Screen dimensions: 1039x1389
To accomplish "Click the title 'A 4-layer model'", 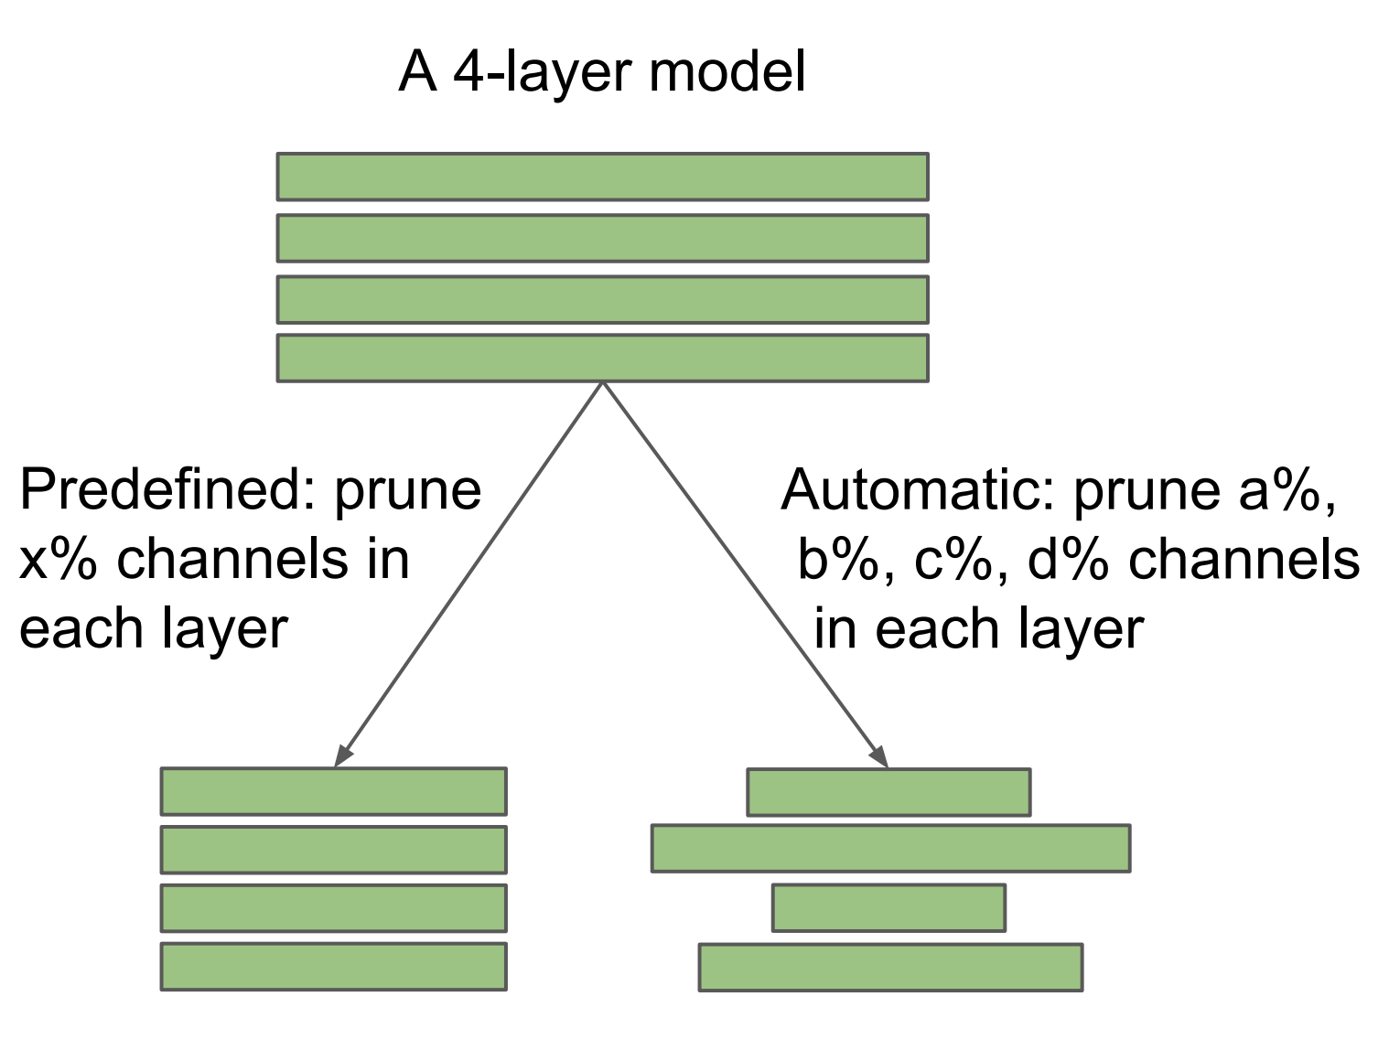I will click(x=602, y=71).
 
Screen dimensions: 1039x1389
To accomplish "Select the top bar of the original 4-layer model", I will click(x=602, y=177).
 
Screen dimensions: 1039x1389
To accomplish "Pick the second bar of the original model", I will click(x=602, y=238).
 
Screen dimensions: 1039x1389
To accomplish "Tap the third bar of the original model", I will click(x=602, y=299).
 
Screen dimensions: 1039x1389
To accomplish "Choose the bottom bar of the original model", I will click(x=602, y=358).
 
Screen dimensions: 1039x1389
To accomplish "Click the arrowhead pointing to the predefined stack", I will click(x=342, y=755).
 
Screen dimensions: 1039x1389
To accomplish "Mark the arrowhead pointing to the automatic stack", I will click(x=879, y=757).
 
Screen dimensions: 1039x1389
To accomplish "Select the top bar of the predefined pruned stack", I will click(x=333, y=791).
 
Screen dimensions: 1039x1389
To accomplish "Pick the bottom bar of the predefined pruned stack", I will click(x=333, y=966).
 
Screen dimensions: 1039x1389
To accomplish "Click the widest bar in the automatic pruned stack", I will click(x=890, y=848).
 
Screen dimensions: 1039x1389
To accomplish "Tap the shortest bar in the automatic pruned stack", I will click(x=888, y=907).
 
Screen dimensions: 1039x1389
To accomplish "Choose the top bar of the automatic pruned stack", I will click(x=888, y=792).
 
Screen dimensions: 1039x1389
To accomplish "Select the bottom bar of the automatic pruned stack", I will click(x=890, y=967).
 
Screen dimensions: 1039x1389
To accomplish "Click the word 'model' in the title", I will click(x=727, y=71).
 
